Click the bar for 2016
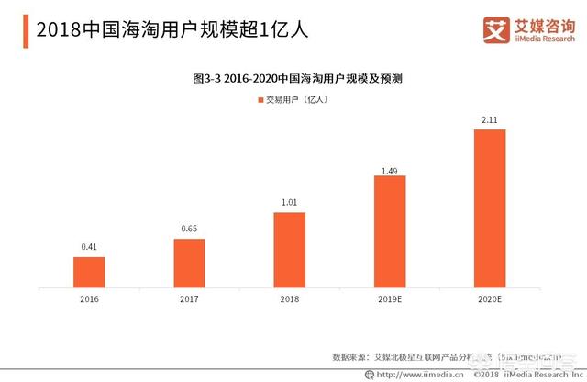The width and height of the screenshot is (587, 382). tap(90, 271)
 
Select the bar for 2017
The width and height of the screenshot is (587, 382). tap(190, 262)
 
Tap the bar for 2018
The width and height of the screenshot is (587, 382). tap(290, 249)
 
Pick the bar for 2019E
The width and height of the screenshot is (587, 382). tap(390, 230)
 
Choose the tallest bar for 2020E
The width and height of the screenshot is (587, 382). tap(490, 208)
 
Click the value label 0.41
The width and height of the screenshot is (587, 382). tap(90, 247)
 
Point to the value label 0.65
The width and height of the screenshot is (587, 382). tap(190, 230)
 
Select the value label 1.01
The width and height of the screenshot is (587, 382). tap(290, 203)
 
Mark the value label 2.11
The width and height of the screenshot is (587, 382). tap(490, 120)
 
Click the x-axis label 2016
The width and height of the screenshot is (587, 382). tap(90, 298)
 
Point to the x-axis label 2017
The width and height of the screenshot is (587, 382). tap(190, 298)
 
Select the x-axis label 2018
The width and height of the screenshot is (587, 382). tap(290, 298)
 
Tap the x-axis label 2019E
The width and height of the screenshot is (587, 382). tap(390, 298)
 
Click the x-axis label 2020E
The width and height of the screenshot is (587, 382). tap(490, 298)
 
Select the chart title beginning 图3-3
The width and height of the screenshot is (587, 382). tap(293, 79)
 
